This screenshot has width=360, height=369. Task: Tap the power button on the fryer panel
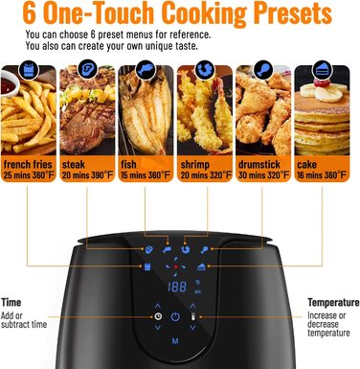click(x=175, y=316)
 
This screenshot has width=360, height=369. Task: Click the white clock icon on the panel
click(x=158, y=316)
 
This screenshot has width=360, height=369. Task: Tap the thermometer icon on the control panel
click(x=192, y=317)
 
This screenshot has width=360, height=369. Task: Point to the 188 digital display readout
click(x=177, y=287)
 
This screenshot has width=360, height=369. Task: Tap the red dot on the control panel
click(x=175, y=266)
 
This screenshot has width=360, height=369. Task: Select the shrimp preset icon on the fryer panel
click(x=185, y=249)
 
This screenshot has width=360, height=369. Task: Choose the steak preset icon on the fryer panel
click(x=148, y=249)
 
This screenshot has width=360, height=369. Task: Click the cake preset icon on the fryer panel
click(x=201, y=266)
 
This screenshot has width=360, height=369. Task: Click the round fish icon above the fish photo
click(x=146, y=69)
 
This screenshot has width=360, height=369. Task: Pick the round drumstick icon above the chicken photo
click(x=263, y=69)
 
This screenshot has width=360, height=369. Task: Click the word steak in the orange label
click(x=74, y=165)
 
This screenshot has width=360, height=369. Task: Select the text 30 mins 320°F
click(x=263, y=175)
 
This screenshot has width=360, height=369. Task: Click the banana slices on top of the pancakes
click(x=322, y=92)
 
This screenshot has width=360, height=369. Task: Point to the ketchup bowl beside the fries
click(x=9, y=83)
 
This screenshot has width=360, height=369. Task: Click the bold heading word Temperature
click(x=333, y=302)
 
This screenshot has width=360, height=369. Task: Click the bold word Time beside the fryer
click(x=11, y=302)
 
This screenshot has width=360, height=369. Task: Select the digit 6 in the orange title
click(x=30, y=13)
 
